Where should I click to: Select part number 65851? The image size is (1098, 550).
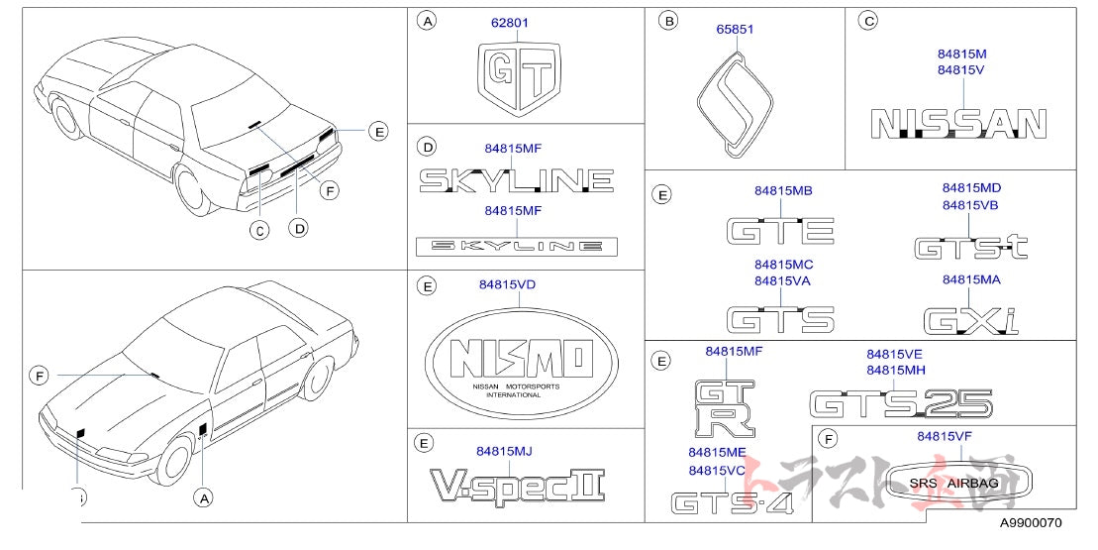click(x=735, y=29)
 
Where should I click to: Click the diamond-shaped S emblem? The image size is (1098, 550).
click(x=736, y=104)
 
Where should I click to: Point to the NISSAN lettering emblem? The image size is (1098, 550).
click(x=958, y=124)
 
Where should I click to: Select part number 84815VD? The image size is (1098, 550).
click(x=507, y=284)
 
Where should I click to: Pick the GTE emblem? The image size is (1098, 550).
click(x=780, y=230)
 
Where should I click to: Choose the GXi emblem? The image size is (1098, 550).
click(x=970, y=320)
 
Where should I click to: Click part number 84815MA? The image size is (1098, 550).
click(x=970, y=280)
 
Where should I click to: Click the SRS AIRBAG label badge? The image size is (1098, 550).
click(x=958, y=483)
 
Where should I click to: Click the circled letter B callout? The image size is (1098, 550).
click(x=669, y=20)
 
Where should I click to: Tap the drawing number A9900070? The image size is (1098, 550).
click(x=1029, y=523)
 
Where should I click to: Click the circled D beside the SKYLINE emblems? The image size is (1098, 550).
click(x=427, y=148)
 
